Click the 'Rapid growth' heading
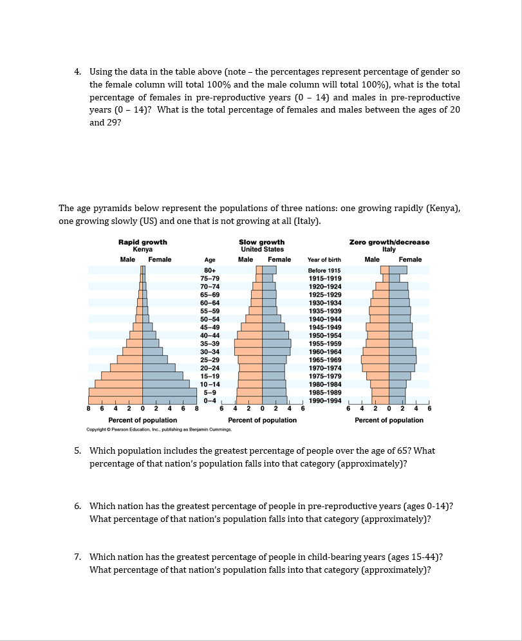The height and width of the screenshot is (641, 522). click(142, 242)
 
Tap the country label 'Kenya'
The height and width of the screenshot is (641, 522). click(142, 249)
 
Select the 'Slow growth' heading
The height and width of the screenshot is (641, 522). click(262, 242)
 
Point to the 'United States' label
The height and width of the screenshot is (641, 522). click(262, 249)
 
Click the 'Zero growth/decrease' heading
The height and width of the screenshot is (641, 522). click(389, 242)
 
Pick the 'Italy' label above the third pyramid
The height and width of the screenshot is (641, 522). click(389, 249)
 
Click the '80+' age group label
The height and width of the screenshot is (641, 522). click(209, 270)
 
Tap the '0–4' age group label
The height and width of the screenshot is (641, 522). click(209, 400)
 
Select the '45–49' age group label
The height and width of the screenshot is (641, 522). click(210, 327)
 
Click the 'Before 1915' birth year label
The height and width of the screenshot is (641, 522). click(324, 270)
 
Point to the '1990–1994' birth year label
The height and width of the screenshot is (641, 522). click(324, 400)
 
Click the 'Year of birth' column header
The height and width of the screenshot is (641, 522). click(324, 259)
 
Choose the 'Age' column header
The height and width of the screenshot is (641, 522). click(209, 259)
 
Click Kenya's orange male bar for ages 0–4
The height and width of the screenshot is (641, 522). click(115, 400)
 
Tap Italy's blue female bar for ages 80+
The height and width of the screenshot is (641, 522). click(398, 270)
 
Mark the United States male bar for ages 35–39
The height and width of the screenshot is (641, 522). click(248, 343)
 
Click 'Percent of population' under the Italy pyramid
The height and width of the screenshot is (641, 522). click(389, 420)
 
